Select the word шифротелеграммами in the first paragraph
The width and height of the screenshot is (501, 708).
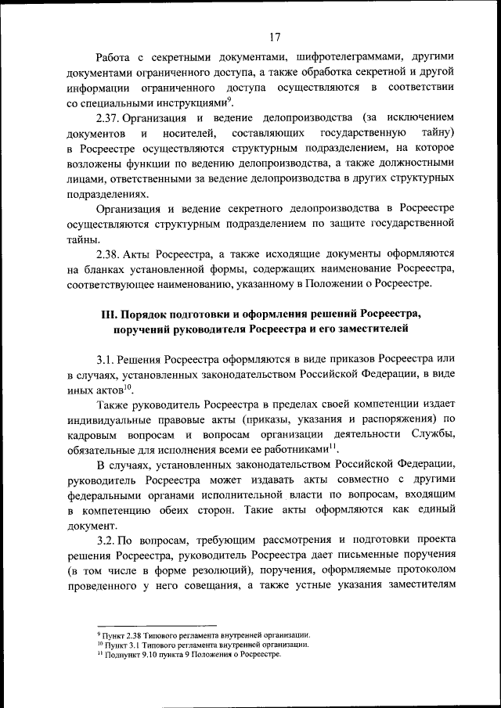pyautogui.click(x=344, y=58)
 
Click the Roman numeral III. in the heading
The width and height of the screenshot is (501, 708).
pyautogui.click(x=110, y=314)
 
